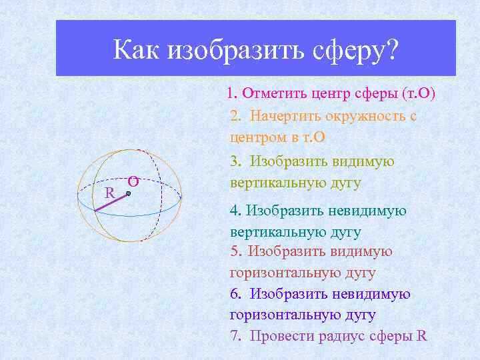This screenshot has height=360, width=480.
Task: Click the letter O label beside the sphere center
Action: (133, 181)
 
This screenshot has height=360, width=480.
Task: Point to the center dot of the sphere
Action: (129, 194)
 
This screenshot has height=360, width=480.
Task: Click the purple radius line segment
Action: (111, 203)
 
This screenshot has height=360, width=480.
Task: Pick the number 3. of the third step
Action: (235, 161)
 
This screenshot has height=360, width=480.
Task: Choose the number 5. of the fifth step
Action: (235, 251)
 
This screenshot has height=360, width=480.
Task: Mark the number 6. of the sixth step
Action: (235, 293)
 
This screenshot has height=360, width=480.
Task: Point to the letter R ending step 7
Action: (421, 335)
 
